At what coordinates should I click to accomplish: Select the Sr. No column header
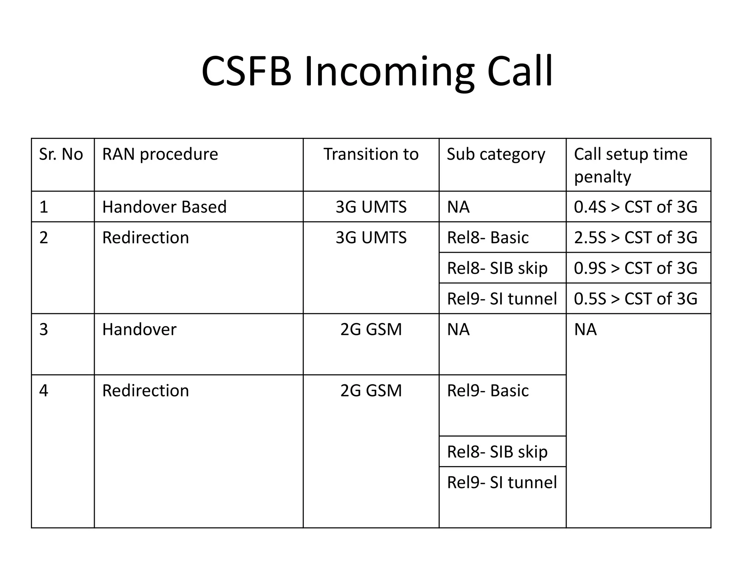(x=61, y=154)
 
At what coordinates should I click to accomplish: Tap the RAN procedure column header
(x=160, y=154)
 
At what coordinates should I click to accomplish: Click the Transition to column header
(x=371, y=154)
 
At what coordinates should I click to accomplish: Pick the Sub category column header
(x=496, y=154)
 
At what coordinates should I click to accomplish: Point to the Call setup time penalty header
(x=631, y=165)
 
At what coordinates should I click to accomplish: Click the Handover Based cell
(x=164, y=207)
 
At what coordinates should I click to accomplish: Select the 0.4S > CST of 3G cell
(x=636, y=207)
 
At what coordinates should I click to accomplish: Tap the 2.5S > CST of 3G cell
(x=636, y=237)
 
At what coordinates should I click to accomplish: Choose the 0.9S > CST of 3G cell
(x=636, y=268)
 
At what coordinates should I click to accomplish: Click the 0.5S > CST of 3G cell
(x=636, y=298)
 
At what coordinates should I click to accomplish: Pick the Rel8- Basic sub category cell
(x=488, y=237)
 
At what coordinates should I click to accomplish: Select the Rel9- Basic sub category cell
(x=488, y=390)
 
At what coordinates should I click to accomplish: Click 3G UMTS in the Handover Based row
(x=371, y=207)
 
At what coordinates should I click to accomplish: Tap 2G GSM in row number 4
(x=371, y=390)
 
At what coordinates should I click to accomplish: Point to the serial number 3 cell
(x=44, y=329)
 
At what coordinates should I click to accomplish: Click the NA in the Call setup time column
(x=585, y=329)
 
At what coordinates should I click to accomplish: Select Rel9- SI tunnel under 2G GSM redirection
(x=502, y=482)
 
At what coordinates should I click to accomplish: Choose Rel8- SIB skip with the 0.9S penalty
(x=497, y=268)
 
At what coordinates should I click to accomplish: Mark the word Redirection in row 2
(x=146, y=237)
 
